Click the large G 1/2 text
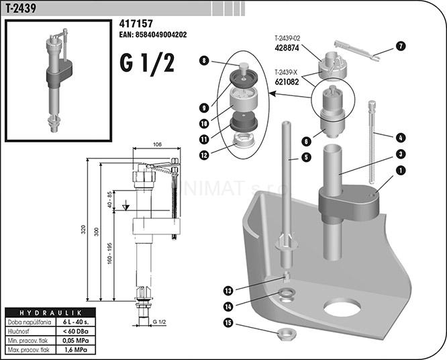pyautogui.click(x=148, y=64)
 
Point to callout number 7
pyautogui.click(x=401, y=46)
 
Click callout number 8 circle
pyautogui.click(x=204, y=60)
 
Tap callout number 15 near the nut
pyautogui.click(x=228, y=324)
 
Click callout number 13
pyautogui.click(x=228, y=290)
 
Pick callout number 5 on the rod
pyautogui.click(x=305, y=157)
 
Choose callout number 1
pyautogui.click(x=401, y=171)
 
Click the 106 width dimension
pyautogui.click(x=158, y=144)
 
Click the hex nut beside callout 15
pyautogui.click(x=285, y=333)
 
